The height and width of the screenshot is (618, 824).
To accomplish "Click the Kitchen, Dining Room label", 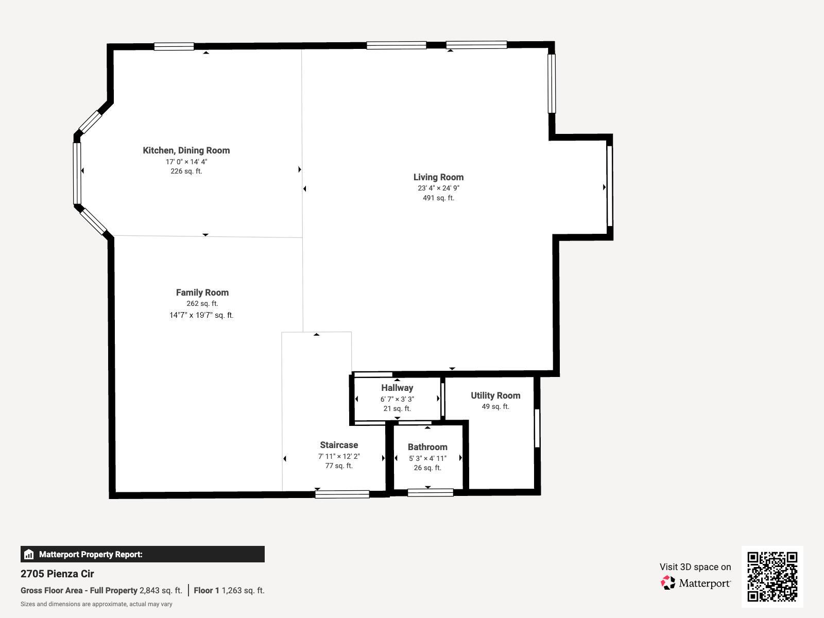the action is click(186, 150).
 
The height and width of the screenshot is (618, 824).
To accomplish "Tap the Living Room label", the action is click(438, 177).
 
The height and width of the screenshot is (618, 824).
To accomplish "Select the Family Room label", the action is click(202, 293).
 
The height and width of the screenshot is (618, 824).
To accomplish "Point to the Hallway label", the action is click(397, 388).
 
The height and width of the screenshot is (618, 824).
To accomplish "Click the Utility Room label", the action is click(495, 396).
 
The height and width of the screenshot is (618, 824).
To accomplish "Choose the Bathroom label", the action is click(427, 447).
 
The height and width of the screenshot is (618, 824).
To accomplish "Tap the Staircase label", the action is click(339, 445).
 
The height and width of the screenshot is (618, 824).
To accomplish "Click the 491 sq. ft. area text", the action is click(438, 198).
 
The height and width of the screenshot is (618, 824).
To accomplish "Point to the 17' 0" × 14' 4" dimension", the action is click(186, 162).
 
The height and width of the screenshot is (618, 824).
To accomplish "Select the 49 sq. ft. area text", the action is click(495, 406).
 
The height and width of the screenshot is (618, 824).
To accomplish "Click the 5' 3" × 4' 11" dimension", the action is click(427, 458).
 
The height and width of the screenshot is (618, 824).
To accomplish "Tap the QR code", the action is click(772, 576).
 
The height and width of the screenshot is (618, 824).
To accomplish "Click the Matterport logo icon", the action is click(668, 583).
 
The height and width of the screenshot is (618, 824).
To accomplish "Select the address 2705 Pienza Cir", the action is click(57, 574).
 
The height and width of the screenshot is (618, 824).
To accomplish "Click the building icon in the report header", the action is click(29, 554).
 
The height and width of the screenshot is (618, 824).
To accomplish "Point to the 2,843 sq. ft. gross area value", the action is click(161, 591).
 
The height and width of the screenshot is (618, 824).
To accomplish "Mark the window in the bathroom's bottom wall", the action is click(430, 493).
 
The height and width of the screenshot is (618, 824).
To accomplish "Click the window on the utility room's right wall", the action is click(537, 428).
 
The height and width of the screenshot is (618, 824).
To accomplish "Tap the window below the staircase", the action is click(342, 494).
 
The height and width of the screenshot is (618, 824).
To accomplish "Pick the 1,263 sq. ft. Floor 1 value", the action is click(243, 591).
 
